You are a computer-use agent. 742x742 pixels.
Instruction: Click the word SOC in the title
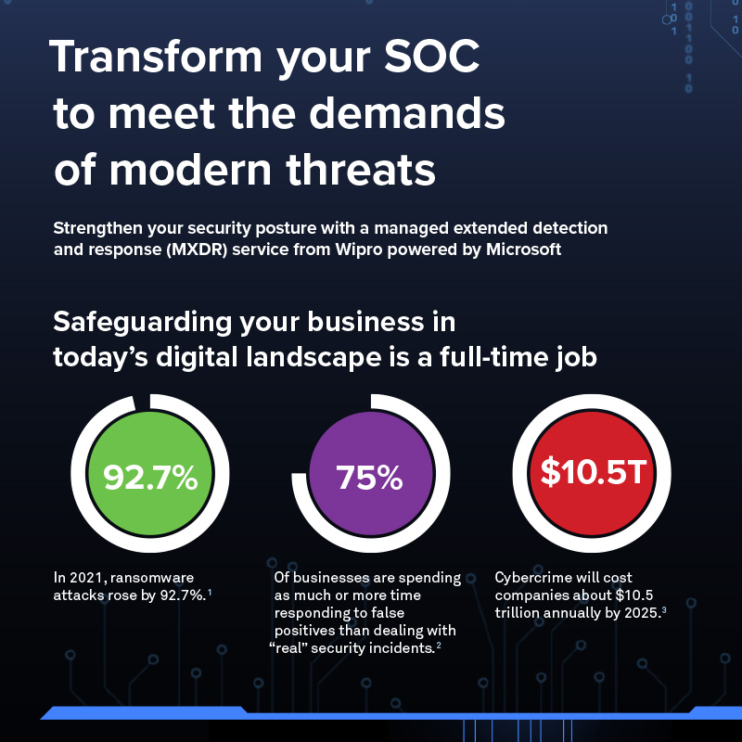[431, 56]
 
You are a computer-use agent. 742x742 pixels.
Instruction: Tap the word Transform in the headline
[156, 56]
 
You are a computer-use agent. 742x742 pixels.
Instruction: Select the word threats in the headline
[361, 169]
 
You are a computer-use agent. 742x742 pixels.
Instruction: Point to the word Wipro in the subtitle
[359, 249]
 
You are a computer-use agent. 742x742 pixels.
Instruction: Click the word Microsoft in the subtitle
[523, 249]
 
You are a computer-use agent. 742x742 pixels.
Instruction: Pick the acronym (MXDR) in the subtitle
[197, 249]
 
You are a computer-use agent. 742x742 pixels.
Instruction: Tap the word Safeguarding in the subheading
[143, 323]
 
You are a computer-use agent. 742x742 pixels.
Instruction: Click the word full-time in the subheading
[494, 357]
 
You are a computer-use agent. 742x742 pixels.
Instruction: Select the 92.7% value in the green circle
[150, 477]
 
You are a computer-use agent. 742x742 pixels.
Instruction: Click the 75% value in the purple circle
[369, 477]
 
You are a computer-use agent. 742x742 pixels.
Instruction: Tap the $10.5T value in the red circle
[594, 471]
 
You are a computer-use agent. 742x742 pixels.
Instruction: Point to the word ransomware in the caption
[152, 578]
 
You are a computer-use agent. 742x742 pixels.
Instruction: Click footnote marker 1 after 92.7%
[210, 593]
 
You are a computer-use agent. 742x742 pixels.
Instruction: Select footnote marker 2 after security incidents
[439, 646]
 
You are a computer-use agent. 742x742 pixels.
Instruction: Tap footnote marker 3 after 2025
[664, 610]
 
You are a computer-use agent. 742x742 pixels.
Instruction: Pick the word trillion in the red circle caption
[518, 613]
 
